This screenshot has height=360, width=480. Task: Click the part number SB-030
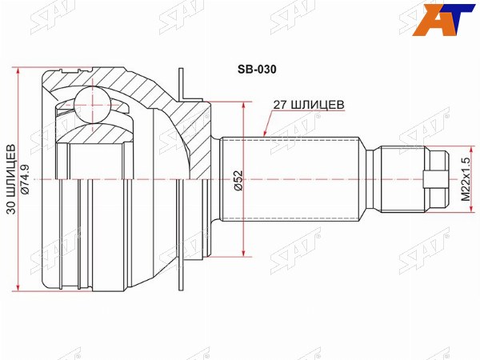(257, 70)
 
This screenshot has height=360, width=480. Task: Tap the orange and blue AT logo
(445, 19)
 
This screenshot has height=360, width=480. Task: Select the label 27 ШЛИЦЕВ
(309, 105)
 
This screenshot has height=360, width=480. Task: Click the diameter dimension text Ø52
(238, 181)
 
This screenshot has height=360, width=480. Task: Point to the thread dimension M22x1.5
(466, 179)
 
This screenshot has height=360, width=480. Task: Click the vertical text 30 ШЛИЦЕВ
(11, 179)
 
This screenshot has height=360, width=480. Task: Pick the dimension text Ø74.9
(25, 179)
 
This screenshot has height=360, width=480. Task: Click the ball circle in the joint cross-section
(92, 105)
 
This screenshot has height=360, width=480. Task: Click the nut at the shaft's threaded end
(437, 179)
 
